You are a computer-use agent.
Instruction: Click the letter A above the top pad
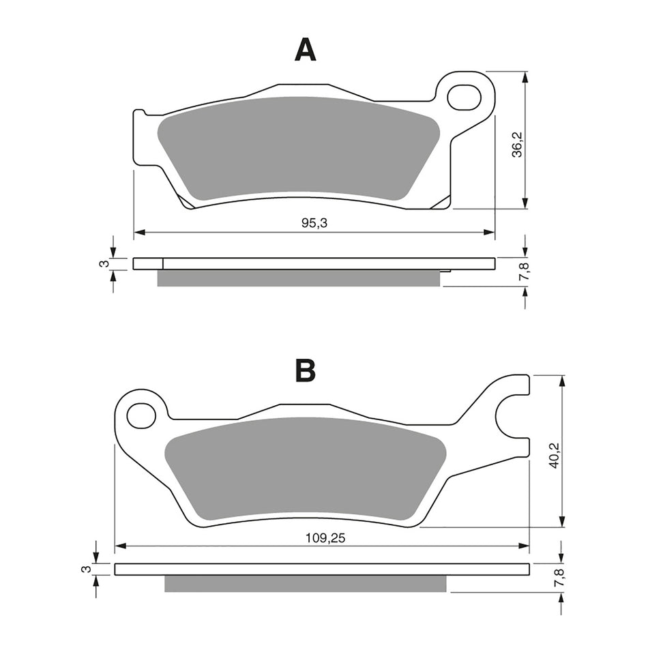tap(305, 50)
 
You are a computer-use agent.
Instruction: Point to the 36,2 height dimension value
tap(517, 145)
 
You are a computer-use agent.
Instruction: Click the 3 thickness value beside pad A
tap(102, 263)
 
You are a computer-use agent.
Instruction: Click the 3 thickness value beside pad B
tap(86, 569)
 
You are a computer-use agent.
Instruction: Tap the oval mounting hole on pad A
tap(464, 97)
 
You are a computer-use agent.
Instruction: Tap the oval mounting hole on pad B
tap(141, 415)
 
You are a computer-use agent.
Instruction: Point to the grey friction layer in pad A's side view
tap(299, 278)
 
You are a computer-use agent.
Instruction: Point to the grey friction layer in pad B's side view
tap(306, 583)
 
